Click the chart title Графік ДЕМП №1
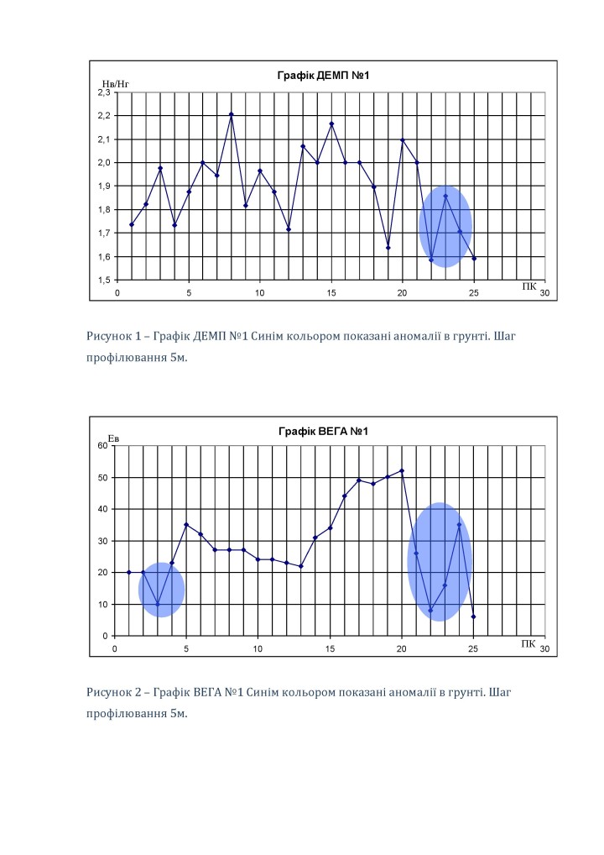pyautogui.click(x=323, y=76)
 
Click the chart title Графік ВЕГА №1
pyautogui.click(x=323, y=432)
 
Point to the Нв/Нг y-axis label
pyautogui.click(x=114, y=84)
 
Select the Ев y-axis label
pyautogui.click(x=114, y=438)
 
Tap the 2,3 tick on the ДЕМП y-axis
pyautogui.click(x=104, y=92)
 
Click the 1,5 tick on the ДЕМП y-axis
pyautogui.click(x=104, y=280)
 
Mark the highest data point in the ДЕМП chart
pyautogui.click(x=231, y=114)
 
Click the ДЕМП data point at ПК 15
pyautogui.click(x=331, y=124)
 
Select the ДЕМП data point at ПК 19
pyautogui.click(x=388, y=248)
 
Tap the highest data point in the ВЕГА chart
pyautogui.click(x=402, y=471)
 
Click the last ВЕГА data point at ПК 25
pyautogui.click(x=474, y=616)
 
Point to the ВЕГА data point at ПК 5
pyautogui.click(x=186, y=525)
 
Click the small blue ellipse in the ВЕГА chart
pyautogui.click(x=161, y=590)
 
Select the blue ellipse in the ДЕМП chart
pyautogui.click(x=445, y=226)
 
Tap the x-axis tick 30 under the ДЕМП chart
pyautogui.click(x=544, y=293)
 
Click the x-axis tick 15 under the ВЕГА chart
pyautogui.click(x=331, y=649)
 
